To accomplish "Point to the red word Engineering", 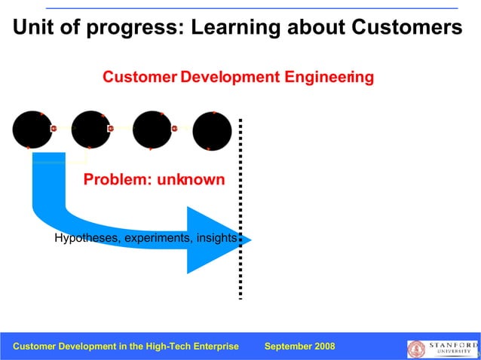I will point(326,77).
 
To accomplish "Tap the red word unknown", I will point(191,180).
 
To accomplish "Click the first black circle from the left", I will point(32,130).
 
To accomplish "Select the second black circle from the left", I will point(91,130).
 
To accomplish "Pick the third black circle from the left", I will point(152,130).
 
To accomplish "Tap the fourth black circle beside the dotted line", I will point(212,131).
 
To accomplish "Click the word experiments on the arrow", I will point(156,239).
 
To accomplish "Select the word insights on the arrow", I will point(216,239).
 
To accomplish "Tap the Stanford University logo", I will point(442,348).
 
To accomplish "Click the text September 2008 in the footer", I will point(300,346).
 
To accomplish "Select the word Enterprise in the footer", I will point(213,346).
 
